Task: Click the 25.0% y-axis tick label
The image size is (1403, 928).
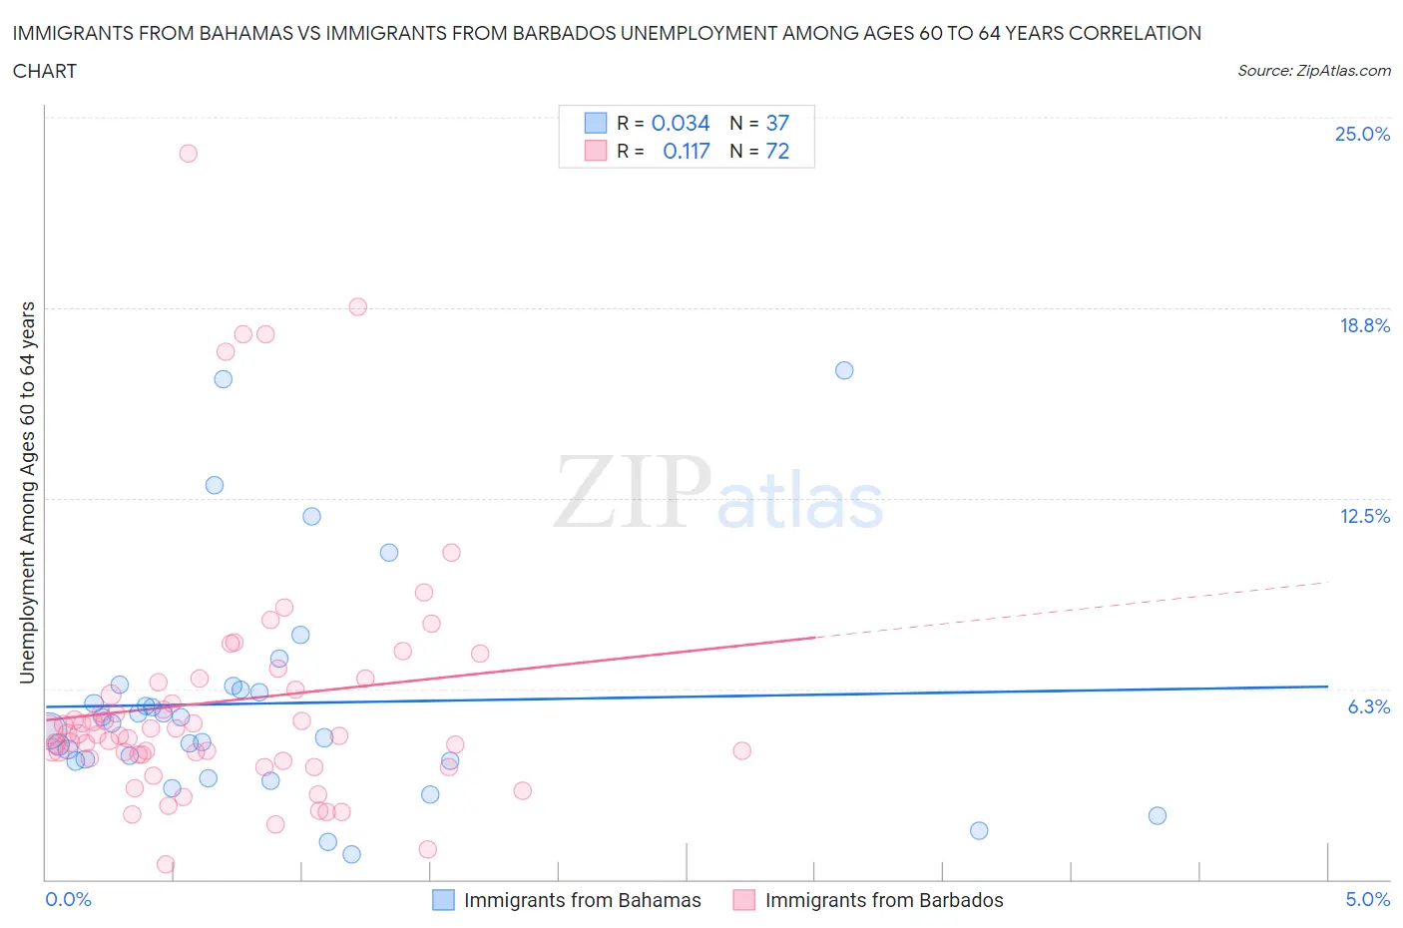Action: (1362, 135)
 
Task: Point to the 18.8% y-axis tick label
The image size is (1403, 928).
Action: (1364, 325)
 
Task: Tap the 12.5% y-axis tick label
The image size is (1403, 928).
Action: (1364, 516)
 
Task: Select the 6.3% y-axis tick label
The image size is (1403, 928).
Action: (1368, 706)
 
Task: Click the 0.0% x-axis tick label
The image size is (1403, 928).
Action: (68, 899)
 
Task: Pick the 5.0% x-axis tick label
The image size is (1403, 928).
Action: (1367, 899)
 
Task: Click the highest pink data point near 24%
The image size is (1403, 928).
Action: (188, 154)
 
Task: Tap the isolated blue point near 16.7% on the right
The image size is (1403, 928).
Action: (844, 370)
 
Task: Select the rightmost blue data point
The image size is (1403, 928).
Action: (1158, 815)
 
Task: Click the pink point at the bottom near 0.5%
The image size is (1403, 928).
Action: (166, 864)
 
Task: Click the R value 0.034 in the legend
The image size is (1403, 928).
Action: (681, 123)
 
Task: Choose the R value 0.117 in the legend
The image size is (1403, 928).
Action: (687, 151)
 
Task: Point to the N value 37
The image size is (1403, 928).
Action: (777, 123)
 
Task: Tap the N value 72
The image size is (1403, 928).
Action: (777, 151)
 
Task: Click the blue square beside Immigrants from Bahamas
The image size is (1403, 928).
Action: (443, 900)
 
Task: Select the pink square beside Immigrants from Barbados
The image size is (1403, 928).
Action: (743, 900)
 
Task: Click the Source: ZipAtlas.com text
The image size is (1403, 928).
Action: (1313, 71)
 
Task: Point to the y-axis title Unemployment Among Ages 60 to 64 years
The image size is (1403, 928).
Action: (27, 492)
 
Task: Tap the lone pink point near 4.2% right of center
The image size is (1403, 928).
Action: (741, 750)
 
